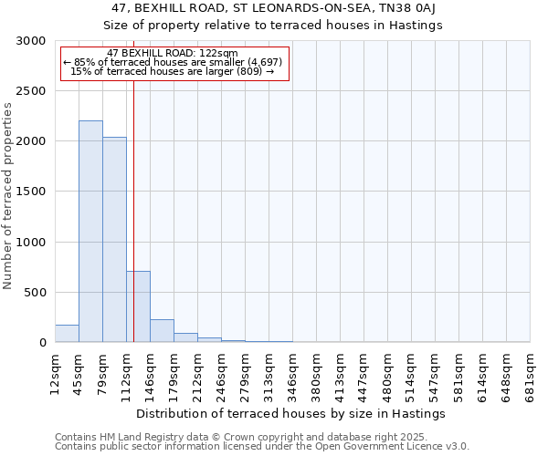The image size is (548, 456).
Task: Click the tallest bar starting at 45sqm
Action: (90, 232)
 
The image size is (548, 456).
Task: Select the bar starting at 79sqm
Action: (114, 240)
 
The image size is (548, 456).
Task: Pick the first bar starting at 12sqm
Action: (67, 334)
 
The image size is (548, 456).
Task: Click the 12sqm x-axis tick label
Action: (56, 371)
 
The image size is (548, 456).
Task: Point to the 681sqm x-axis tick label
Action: (531, 371)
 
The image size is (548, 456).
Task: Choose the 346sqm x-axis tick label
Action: (293, 371)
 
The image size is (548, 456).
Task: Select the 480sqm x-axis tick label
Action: (388, 371)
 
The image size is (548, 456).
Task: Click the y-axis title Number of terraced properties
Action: (8, 196)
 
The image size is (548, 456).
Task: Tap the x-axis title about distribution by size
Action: (292, 413)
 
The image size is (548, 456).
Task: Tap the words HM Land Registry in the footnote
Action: (126, 437)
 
